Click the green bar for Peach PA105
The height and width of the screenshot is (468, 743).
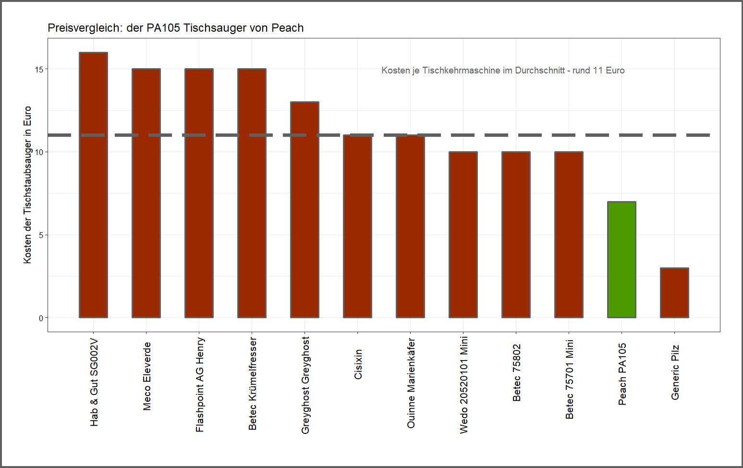[621, 260]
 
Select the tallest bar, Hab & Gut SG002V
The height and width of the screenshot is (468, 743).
[93, 185]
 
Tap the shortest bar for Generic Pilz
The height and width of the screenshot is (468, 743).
[674, 293]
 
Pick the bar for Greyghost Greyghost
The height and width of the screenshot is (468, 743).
[305, 210]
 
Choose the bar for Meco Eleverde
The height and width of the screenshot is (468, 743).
[146, 193]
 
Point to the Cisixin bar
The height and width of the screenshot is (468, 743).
[357, 227]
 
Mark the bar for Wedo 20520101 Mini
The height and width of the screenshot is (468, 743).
[463, 235]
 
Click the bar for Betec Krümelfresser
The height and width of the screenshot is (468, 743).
[252, 193]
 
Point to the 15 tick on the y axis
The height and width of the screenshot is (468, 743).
[39, 70]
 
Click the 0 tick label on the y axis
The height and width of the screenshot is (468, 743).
[41, 318]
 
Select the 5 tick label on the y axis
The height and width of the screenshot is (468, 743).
[41, 235]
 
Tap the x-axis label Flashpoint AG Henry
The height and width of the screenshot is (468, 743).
[200, 384]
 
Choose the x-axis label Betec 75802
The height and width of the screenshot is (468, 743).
[517, 372]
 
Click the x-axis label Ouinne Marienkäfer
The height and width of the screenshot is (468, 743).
[411, 383]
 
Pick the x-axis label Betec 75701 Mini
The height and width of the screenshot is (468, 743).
[570, 379]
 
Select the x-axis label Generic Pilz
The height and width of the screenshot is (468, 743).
[675, 372]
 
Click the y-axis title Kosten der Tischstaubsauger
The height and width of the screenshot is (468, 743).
[27, 185]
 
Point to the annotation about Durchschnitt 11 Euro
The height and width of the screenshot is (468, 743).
[503, 71]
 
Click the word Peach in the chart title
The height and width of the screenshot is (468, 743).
[287, 28]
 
